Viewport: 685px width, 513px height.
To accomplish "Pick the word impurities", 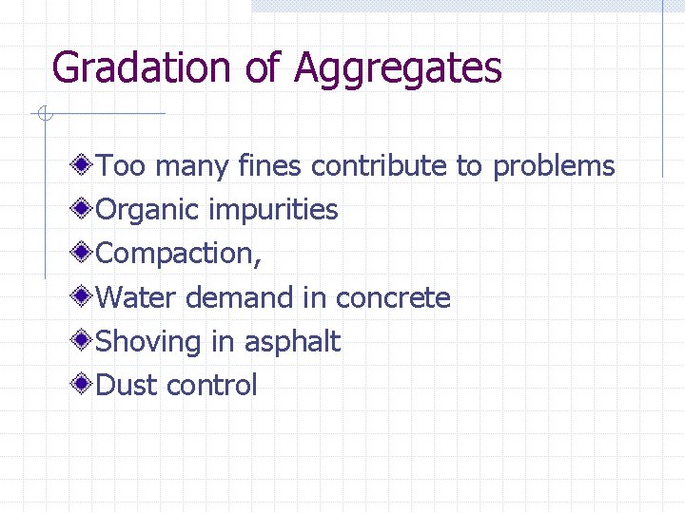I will [274, 211].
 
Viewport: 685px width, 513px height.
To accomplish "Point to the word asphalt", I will [291, 342].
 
